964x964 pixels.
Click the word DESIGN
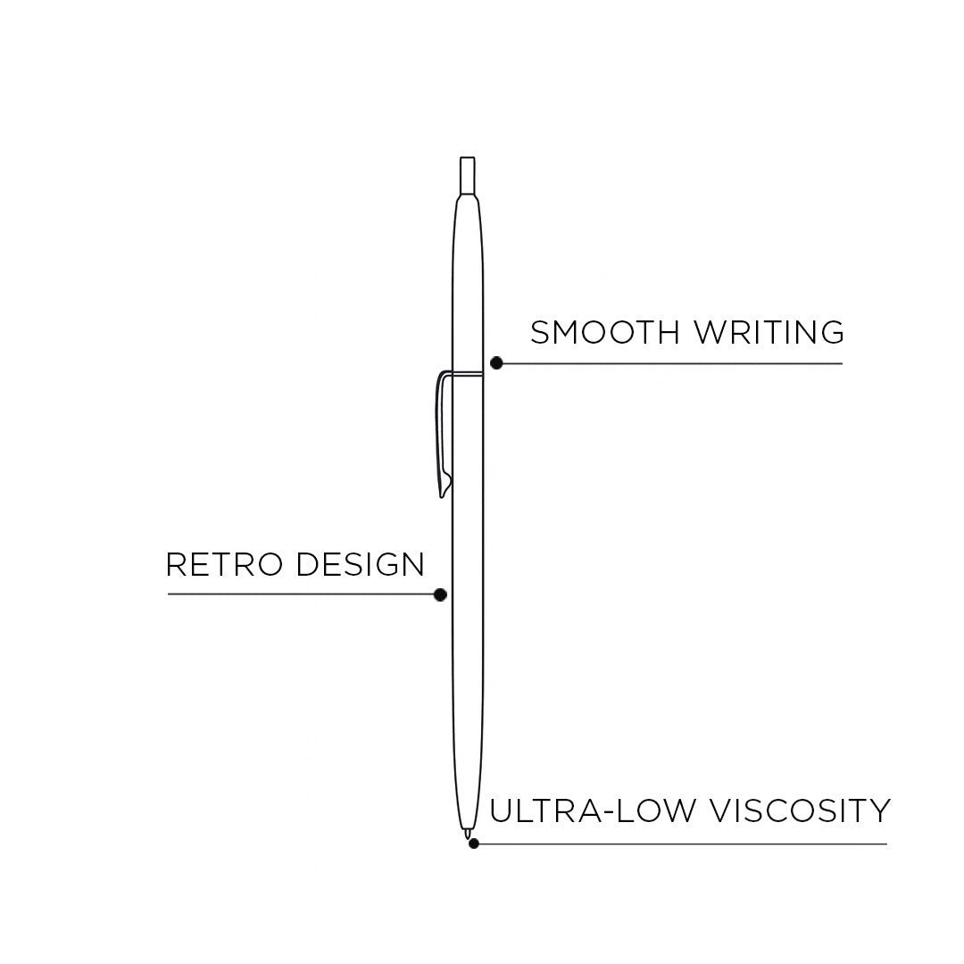point(360,564)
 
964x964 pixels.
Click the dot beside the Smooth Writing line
point(496,363)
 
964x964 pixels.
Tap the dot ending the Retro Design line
point(439,594)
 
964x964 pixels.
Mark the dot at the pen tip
point(474,843)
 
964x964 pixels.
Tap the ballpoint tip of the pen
point(467,834)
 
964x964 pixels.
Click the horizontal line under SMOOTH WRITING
point(669,363)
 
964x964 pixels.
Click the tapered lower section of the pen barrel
point(468,785)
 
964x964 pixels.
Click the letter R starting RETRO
point(175,564)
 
